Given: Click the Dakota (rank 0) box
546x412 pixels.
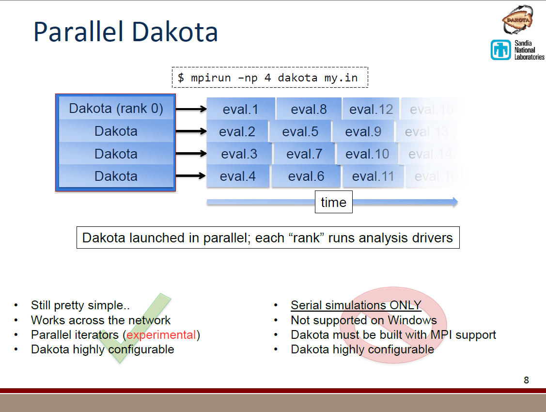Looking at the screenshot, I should (116, 108).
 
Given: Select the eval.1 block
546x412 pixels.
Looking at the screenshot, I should (240, 109).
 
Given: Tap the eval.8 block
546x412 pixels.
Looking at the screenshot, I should (309, 109).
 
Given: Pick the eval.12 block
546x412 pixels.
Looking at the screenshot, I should (371, 109).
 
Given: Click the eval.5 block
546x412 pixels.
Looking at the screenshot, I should (300, 131).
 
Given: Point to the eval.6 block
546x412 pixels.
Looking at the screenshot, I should (306, 176).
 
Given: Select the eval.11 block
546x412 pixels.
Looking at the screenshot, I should (373, 176).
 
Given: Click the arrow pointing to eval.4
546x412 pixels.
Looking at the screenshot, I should (190, 176).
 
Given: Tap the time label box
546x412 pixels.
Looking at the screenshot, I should (333, 202).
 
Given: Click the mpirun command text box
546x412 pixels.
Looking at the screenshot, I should (270, 78).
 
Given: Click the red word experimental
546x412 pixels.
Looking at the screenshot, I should (161, 335).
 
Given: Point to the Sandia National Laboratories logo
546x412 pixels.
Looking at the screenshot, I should (517, 50).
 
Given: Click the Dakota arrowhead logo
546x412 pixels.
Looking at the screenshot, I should (517, 19).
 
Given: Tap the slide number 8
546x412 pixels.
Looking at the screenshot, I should (526, 380).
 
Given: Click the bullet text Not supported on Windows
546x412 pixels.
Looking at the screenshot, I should (363, 320).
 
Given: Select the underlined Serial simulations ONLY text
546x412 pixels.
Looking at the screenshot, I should (356, 306).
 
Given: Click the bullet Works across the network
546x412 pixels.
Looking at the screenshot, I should (100, 320).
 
